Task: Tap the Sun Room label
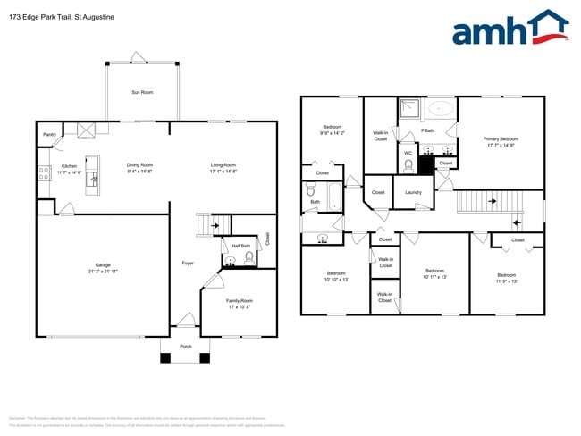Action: (141, 92)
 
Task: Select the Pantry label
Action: (49, 135)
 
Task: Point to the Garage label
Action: (103, 265)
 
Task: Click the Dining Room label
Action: (139, 164)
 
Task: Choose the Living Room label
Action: (223, 164)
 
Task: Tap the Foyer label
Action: (188, 263)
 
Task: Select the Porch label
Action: (186, 346)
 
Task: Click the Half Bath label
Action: (240, 246)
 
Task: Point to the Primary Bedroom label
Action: (501, 138)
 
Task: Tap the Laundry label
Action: (413, 192)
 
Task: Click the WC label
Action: (408, 153)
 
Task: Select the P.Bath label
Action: (427, 131)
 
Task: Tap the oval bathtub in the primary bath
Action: (442, 110)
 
